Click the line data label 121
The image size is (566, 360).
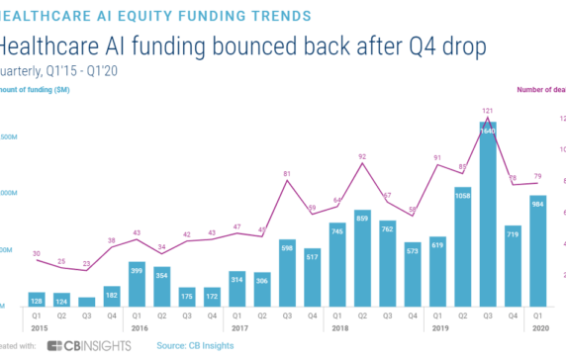click(x=489, y=110)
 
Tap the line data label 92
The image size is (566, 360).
click(x=363, y=155)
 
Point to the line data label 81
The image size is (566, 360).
click(x=287, y=174)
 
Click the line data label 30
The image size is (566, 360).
click(x=37, y=254)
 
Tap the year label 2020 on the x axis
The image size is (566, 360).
click(x=539, y=328)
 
